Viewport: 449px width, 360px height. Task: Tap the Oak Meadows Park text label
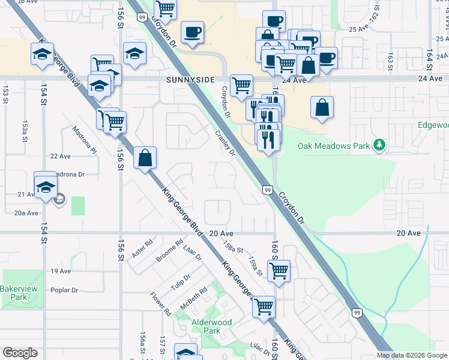pos(334,146)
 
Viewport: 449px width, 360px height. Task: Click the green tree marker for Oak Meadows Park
pos(379,145)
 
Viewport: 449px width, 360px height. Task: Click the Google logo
pos(20,353)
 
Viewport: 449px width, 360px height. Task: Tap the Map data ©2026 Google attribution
pos(412,355)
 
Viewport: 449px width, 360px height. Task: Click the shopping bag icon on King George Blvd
pos(145,159)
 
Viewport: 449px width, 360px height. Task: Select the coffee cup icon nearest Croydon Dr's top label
pos(192,32)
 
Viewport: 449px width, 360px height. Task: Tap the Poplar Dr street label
pos(64,290)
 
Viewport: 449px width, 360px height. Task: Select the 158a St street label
pos(232,247)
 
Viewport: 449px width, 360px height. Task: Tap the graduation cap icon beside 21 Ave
pos(45,184)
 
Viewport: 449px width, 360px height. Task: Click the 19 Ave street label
pos(61,271)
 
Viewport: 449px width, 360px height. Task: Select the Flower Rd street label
pos(161,305)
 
